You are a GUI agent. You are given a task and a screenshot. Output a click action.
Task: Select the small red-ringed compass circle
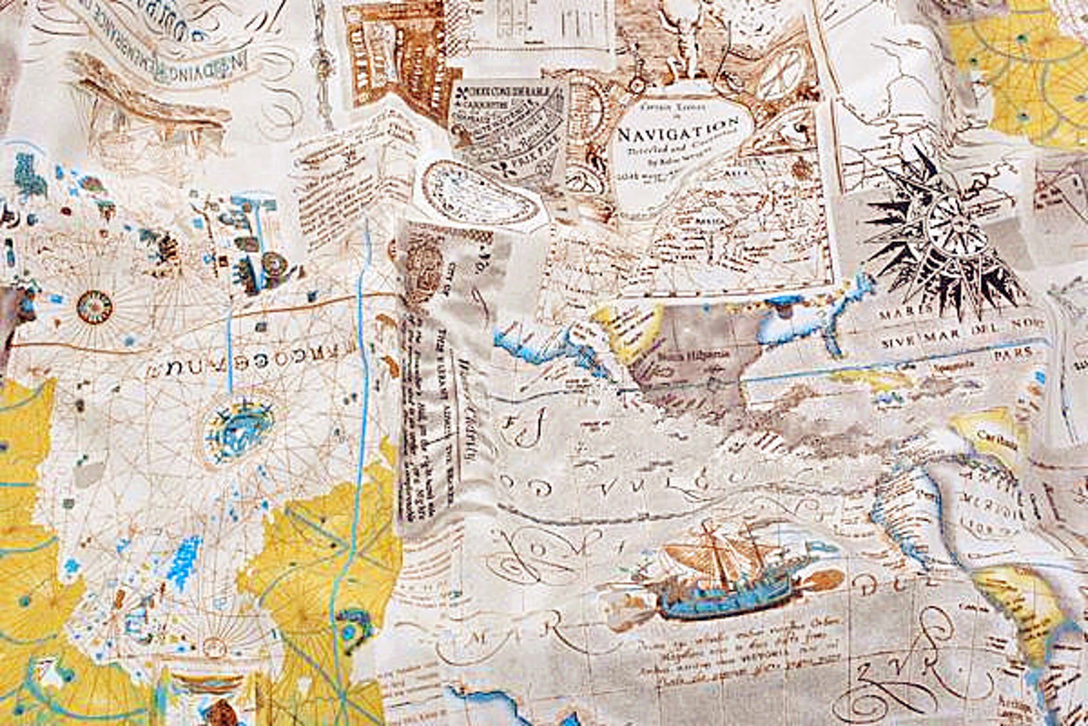point(95,306)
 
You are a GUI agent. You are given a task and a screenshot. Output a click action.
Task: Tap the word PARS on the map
point(1013,352)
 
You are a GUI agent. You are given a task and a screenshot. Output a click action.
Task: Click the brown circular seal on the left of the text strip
point(425,267)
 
